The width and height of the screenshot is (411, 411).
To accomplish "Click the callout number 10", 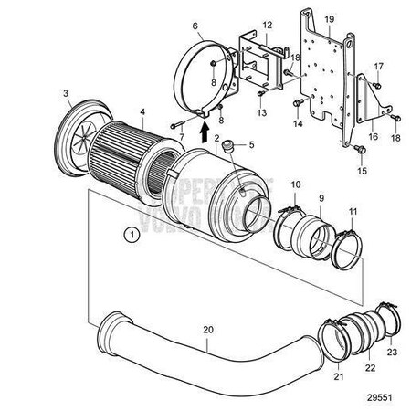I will (295, 185).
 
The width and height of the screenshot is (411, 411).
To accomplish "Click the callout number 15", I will (361, 171).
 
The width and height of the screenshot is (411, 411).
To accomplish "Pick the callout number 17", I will (377, 66).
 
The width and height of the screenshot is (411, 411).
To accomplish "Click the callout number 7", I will (180, 137).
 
